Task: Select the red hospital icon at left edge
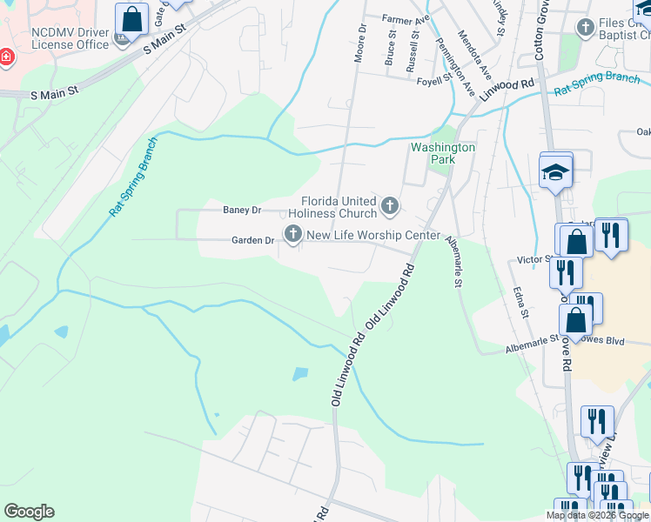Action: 6,57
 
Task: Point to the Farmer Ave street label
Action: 406,18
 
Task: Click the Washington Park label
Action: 443,154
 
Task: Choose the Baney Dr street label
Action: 242,210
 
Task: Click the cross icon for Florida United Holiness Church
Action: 390,206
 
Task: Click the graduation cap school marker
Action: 555,171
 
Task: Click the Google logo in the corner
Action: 29,512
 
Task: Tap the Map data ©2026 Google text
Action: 596,515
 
